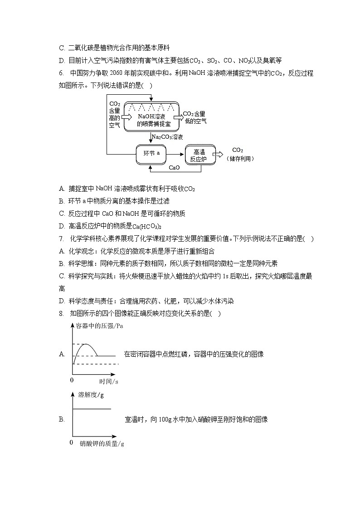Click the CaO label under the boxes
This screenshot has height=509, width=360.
(174, 168)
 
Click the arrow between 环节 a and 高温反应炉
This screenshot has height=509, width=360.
(175, 154)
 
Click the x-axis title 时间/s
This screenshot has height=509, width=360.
(109, 382)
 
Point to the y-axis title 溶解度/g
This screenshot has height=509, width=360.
(91, 394)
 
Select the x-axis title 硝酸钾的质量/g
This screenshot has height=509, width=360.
(102, 443)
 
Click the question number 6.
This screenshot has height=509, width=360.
(61, 73)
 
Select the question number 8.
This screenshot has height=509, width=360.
(61, 313)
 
